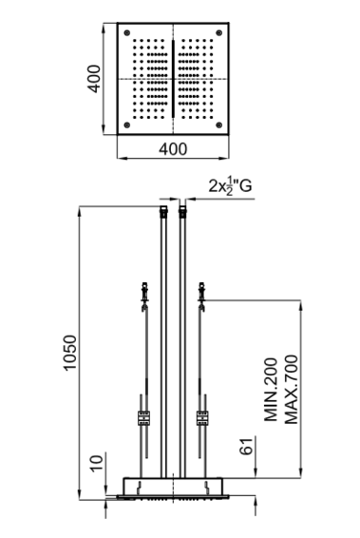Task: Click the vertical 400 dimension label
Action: [x=94, y=79]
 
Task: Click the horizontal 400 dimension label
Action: [x=173, y=149]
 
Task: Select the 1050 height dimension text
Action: [x=69, y=353]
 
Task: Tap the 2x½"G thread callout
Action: [x=230, y=186]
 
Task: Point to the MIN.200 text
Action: [x=271, y=390]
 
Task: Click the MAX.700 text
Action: [x=292, y=390]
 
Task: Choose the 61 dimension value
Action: [x=246, y=447]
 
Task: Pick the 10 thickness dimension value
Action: [x=96, y=464]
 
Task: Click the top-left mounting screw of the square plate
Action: [x=127, y=33]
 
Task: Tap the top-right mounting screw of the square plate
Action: [x=219, y=33]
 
